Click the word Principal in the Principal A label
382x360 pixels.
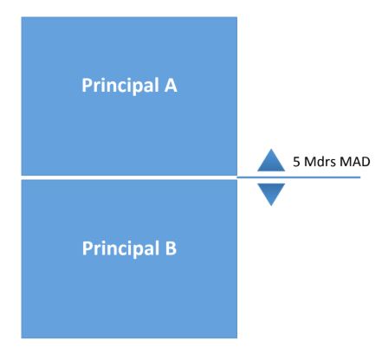click(120, 86)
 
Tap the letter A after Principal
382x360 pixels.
click(171, 85)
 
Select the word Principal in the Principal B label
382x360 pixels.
click(120, 248)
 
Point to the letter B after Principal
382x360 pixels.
click(171, 248)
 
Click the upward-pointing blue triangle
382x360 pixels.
click(271, 160)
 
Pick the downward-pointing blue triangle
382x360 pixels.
click(271, 195)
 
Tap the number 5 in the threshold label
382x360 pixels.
click(296, 162)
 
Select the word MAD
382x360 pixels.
click(355, 162)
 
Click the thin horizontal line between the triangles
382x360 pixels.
click(299, 177)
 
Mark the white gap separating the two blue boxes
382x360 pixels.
click(129, 177)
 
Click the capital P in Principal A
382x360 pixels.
click(87, 85)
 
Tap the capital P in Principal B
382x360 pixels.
click(87, 248)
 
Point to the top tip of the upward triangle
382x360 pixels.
click(271, 149)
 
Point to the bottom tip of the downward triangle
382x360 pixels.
click(271, 206)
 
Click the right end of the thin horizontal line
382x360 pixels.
click(360, 177)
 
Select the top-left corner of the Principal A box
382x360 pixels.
click(22, 17)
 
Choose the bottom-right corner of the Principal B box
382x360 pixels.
click(237, 338)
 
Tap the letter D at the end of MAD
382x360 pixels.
click(366, 162)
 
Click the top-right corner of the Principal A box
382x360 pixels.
click(237, 17)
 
